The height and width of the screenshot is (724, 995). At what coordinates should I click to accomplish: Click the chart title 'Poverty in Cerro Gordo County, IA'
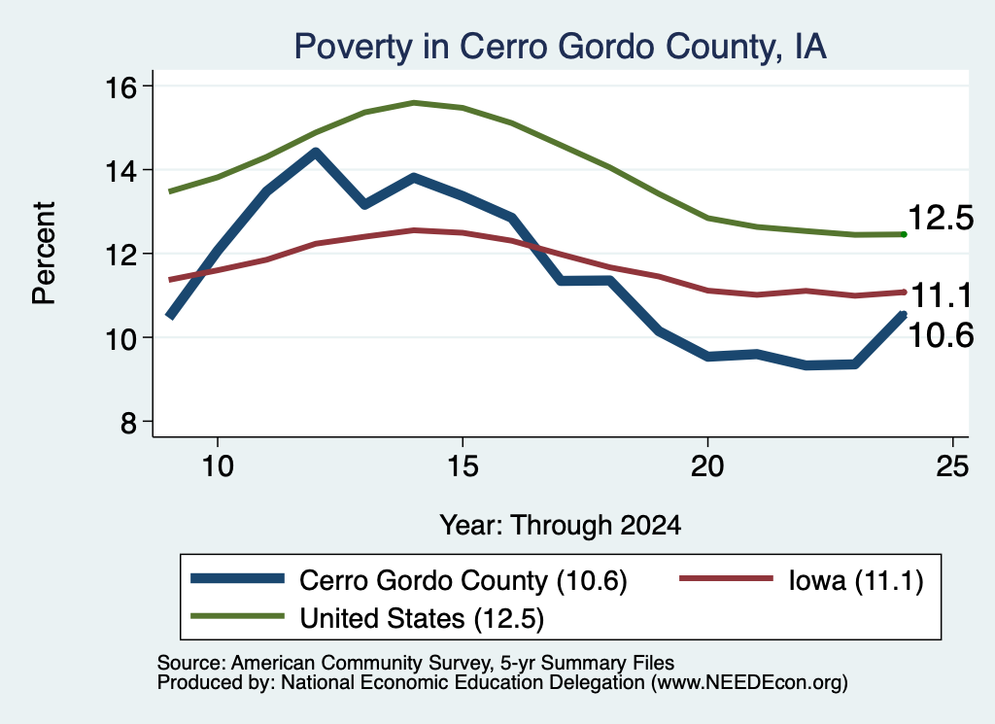(561, 47)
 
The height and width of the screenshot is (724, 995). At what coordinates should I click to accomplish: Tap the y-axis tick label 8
(128, 422)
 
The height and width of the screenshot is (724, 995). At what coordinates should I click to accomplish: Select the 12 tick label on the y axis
(120, 255)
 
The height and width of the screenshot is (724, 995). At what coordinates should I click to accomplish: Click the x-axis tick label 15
(463, 466)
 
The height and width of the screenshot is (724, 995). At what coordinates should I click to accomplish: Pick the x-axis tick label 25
(952, 466)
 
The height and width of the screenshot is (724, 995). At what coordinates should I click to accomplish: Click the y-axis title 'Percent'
(44, 254)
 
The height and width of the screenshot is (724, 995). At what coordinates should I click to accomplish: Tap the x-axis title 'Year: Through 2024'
(561, 526)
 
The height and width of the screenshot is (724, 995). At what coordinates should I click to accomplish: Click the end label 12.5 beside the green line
(941, 218)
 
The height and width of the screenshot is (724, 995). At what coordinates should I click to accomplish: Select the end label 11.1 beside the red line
(942, 295)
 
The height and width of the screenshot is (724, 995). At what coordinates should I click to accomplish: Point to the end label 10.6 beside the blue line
(941, 335)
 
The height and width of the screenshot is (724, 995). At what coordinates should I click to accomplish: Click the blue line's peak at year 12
(316, 152)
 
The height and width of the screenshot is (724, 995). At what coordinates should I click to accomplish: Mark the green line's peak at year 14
(414, 102)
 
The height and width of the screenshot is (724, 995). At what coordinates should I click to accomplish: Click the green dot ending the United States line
(904, 235)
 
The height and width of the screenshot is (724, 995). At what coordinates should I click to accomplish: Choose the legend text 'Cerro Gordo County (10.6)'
(463, 580)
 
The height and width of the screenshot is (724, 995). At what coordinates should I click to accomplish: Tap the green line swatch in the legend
(237, 615)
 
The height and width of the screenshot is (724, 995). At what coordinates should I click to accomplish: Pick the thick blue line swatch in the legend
(237, 578)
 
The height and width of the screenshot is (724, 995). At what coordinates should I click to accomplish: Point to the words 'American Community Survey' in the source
(361, 663)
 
